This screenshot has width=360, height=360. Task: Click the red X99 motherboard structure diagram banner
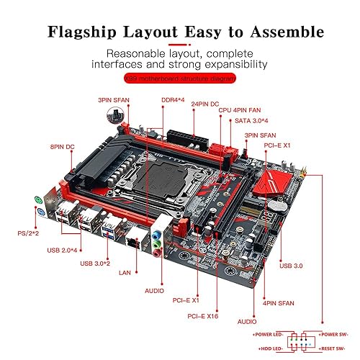tap(179, 78)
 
